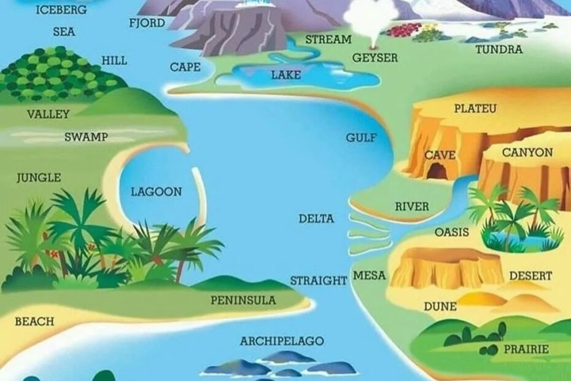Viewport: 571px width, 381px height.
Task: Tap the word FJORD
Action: [147, 23]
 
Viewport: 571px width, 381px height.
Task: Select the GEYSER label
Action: [375, 58]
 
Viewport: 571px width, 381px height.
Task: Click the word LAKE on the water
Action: [286, 75]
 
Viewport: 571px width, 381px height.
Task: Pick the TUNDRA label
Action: [499, 49]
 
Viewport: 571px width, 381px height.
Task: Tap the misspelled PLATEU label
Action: [475, 109]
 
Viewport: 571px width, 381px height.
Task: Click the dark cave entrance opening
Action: [438, 172]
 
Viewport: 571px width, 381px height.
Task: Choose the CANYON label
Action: [527, 152]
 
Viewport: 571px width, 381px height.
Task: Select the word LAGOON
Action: [156, 192]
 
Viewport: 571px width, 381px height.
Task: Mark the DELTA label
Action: [316, 219]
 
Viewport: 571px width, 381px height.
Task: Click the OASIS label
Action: [451, 232]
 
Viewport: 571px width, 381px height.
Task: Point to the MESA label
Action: [369, 276]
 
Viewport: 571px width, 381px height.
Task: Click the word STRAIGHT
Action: [319, 281]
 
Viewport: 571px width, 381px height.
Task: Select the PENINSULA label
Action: [243, 300]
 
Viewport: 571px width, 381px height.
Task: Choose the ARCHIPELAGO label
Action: [282, 341]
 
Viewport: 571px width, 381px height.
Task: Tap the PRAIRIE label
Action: [526, 349]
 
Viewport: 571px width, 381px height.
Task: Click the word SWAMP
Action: [86, 137]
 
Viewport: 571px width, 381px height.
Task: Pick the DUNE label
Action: [440, 306]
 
